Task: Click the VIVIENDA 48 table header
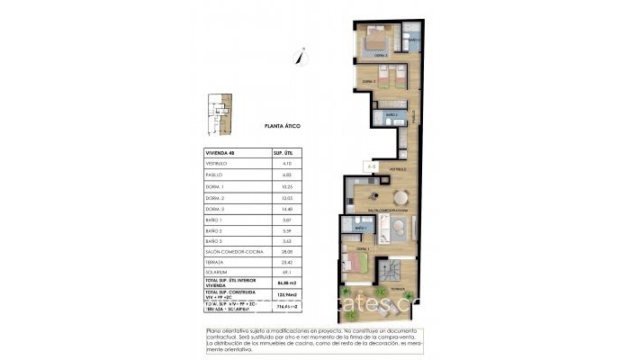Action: pyautogui.click(x=220, y=153)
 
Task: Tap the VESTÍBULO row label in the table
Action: pyautogui.click(x=220, y=163)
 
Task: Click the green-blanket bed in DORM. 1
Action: pyautogui.click(x=356, y=263)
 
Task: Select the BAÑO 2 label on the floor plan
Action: pyautogui.click(x=391, y=115)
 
